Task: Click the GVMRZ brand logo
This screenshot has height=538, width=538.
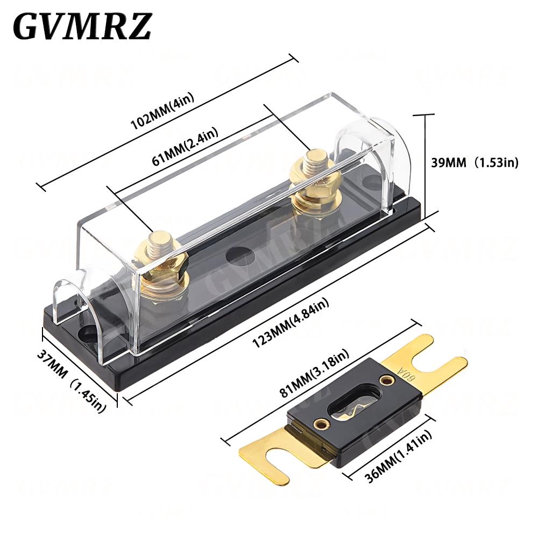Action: pyautogui.click(x=82, y=26)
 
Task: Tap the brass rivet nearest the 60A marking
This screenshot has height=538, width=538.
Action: pyautogui.click(x=386, y=380)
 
